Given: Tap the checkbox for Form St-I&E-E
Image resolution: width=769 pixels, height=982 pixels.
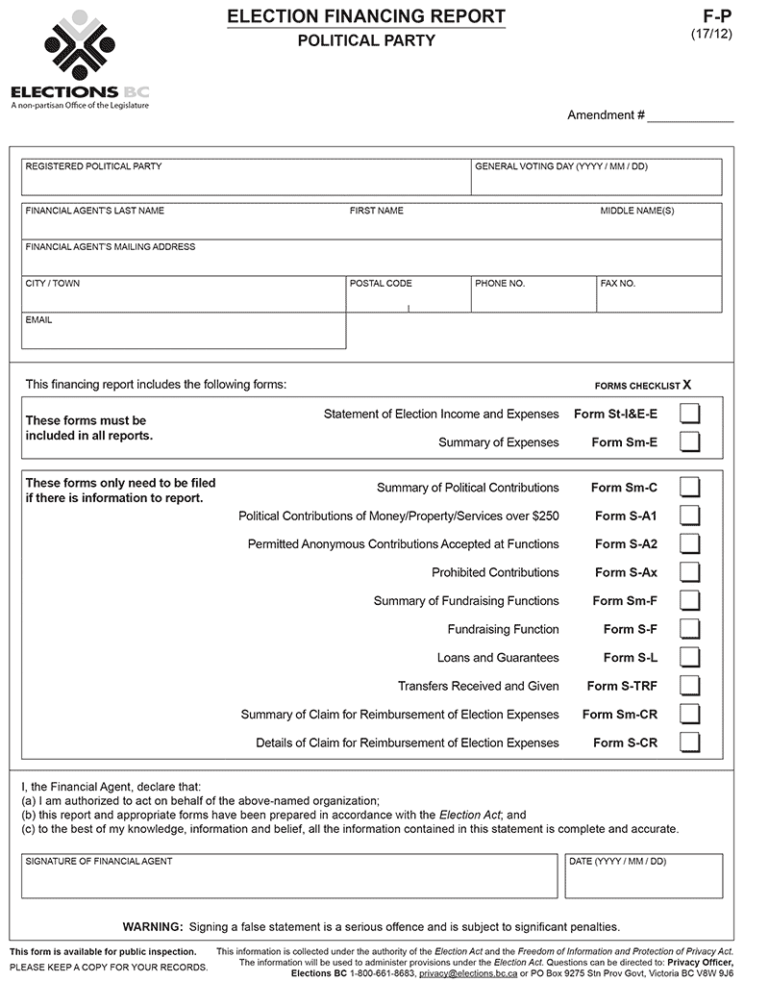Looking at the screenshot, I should point(689,415).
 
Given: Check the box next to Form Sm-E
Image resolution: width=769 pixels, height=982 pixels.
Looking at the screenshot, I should point(689,442).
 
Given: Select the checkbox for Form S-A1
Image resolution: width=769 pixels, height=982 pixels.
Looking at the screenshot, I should point(689,516).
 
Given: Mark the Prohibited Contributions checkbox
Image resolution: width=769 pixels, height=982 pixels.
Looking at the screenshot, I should point(689,572).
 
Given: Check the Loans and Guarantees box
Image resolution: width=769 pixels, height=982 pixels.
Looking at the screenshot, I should point(689,658).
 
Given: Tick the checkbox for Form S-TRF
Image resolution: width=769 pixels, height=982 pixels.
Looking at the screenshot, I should point(689,686).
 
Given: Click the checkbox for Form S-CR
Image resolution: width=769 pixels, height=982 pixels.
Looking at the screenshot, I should point(689,743).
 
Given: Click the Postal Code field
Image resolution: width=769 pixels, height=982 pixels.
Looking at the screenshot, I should point(409,299).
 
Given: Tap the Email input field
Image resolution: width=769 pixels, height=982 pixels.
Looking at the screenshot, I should point(183,335).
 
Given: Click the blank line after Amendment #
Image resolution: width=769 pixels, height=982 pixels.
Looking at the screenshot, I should point(690,115).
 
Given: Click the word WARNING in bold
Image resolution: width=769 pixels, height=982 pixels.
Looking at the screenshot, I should point(152,927).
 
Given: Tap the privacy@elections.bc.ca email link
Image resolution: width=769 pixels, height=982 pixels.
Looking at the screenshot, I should point(462,973).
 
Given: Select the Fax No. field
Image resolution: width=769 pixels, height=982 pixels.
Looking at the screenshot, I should point(658,299).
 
